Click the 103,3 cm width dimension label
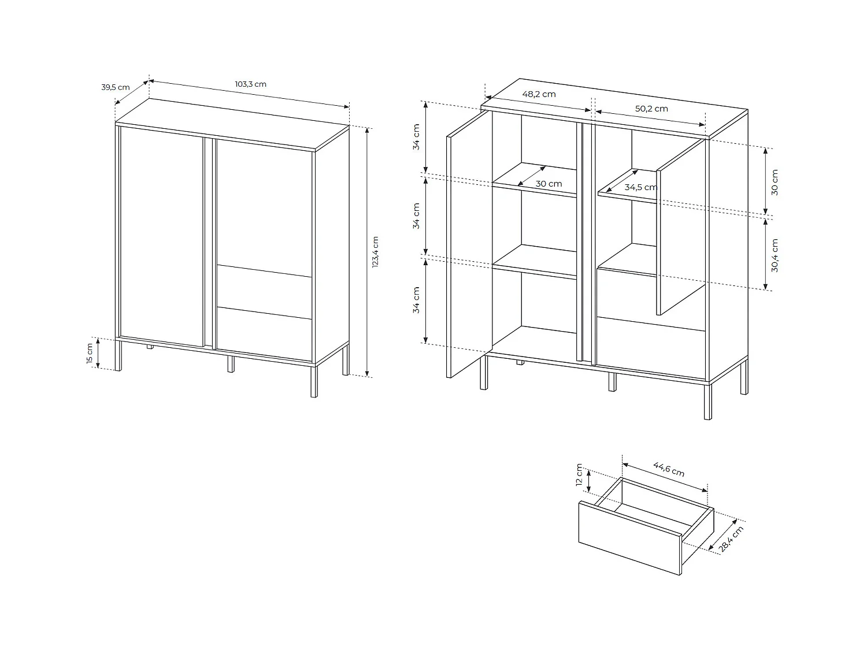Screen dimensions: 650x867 click(x=250, y=84)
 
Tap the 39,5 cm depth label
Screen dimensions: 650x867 click(x=116, y=87)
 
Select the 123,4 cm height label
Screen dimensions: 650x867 click(x=375, y=252)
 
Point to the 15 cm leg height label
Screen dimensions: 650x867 click(x=90, y=353)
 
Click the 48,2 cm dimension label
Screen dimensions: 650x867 click(x=539, y=94)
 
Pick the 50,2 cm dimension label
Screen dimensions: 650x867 click(x=651, y=109)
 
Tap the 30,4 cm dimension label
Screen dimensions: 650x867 click(x=775, y=255)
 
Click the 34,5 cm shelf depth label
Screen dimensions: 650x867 click(x=640, y=187)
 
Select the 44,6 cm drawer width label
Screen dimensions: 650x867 click(x=669, y=469)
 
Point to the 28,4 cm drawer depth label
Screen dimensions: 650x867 click(x=731, y=539)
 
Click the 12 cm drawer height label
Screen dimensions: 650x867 click(x=580, y=475)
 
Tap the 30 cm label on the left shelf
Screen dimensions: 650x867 click(x=549, y=184)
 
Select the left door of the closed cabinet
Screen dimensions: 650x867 click(x=162, y=237)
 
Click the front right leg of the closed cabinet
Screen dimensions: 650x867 click(x=314, y=381)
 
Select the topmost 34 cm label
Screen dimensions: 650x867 click(x=417, y=138)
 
